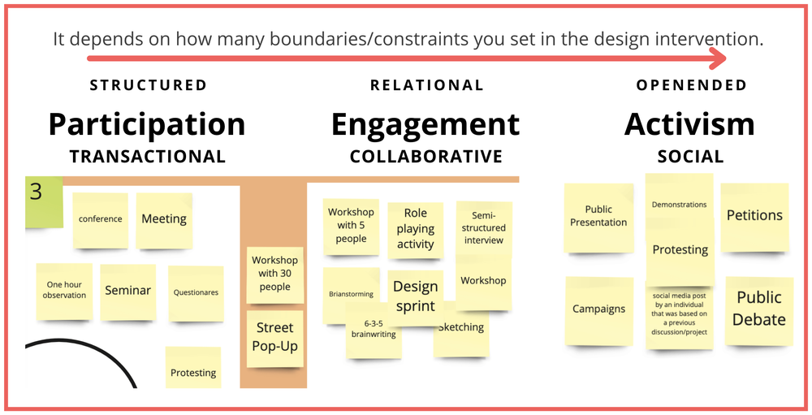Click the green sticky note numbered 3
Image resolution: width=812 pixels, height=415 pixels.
tap(43, 200)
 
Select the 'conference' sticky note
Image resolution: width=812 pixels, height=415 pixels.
tap(101, 219)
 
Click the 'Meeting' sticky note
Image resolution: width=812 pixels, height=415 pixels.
tap(164, 219)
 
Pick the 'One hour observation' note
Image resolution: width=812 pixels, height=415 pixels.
tap(65, 291)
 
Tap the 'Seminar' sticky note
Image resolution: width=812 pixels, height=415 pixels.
tap(127, 291)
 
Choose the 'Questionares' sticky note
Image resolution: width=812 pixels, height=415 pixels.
tap(196, 292)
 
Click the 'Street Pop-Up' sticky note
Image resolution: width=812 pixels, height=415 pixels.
tap(275, 338)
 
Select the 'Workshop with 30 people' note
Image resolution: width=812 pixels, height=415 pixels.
tap(275, 274)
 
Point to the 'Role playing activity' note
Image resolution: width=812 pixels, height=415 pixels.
tap(416, 228)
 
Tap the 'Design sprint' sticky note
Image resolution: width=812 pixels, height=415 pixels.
tap(415, 296)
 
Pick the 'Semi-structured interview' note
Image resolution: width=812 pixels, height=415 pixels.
tap(484, 228)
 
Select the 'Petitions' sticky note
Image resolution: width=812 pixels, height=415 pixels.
tap(754, 216)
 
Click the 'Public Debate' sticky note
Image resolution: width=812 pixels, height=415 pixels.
tap(758, 309)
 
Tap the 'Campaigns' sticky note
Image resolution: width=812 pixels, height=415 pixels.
tap(599, 309)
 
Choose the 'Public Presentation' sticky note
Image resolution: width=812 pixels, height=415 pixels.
tap(598, 216)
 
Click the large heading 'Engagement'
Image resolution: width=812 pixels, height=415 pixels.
tap(425, 125)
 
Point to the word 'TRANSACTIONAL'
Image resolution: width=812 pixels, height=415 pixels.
tap(147, 157)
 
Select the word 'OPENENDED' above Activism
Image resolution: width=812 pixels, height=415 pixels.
tap(691, 85)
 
